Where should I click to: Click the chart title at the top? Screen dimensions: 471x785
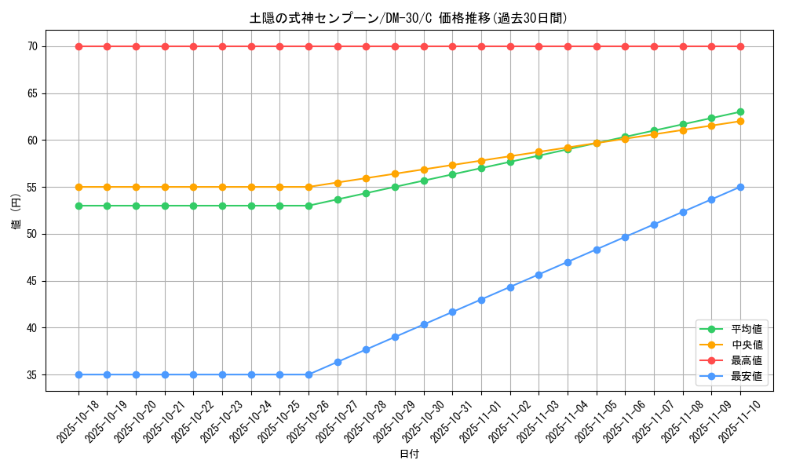coord(408,18)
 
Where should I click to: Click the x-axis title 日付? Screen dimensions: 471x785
coord(409,455)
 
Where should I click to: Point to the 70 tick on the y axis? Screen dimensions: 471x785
coord(32,47)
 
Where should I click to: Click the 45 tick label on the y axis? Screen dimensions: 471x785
coord(32,281)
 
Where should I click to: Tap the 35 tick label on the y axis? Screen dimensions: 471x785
coord(32,375)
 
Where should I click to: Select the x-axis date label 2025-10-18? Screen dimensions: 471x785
coord(78,421)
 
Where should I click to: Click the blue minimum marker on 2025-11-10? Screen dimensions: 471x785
coord(740,187)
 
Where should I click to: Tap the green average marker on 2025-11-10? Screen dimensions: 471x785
coord(740,112)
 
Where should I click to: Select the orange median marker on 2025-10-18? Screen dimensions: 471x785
coord(78,187)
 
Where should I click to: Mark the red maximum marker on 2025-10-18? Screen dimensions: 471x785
coord(78,46)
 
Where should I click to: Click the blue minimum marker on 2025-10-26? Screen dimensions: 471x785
coord(309,374)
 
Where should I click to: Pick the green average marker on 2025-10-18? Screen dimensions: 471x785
coord(78,206)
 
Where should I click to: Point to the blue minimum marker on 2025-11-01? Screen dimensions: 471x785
coord(481,300)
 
